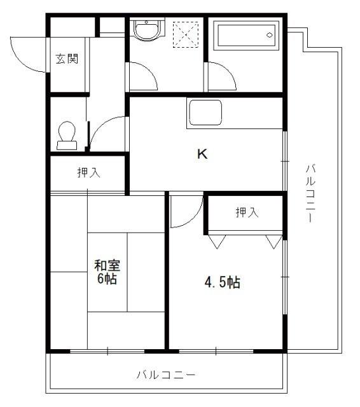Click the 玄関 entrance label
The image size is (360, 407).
coord(67,60)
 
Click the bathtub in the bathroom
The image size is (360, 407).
coord(246,36)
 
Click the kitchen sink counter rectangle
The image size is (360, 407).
coord(204,113)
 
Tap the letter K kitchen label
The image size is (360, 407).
coord(202,154)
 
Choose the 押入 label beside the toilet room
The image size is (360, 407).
coord(88,172)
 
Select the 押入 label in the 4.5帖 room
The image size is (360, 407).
coord(246,212)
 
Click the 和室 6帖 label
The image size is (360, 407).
coord(106,272)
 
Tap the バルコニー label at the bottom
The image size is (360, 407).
coord(165,374)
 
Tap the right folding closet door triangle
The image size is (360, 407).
coord(274,241)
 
